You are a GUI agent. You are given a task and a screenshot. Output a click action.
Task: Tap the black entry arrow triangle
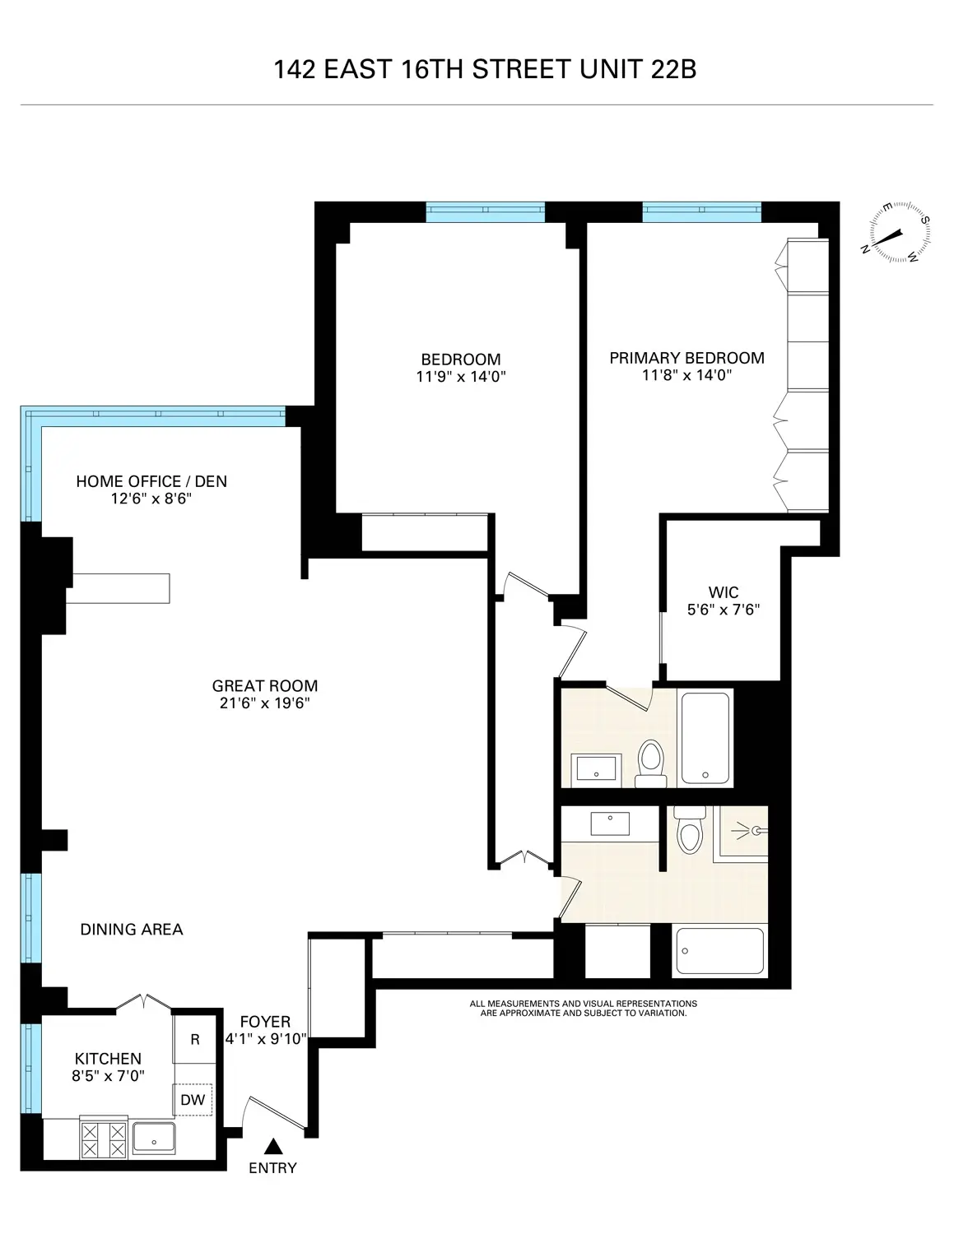(x=272, y=1146)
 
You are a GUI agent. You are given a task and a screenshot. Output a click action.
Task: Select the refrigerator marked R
(x=195, y=1039)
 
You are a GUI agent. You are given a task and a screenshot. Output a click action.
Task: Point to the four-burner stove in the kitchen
(x=105, y=1139)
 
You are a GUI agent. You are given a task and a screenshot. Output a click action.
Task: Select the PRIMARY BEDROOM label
(x=686, y=358)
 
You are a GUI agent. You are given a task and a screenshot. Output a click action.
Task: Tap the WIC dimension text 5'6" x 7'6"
(x=723, y=610)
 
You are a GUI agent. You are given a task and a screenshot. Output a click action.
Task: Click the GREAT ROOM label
(x=264, y=685)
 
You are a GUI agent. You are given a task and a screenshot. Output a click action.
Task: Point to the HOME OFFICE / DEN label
(x=151, y=481)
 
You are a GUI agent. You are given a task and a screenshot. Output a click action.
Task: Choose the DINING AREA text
(x=132, y=930)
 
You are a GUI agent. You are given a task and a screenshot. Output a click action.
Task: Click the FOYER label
(x=265, y=1022)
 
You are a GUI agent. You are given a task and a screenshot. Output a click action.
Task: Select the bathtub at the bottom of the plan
(x=719, y=951)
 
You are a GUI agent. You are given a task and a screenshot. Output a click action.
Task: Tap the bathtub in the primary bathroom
(x=705, y=738)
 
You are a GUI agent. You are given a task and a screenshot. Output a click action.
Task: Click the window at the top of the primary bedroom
(x=701, y=212)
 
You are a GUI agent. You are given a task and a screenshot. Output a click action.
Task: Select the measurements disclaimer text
(x=583, y=1009)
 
